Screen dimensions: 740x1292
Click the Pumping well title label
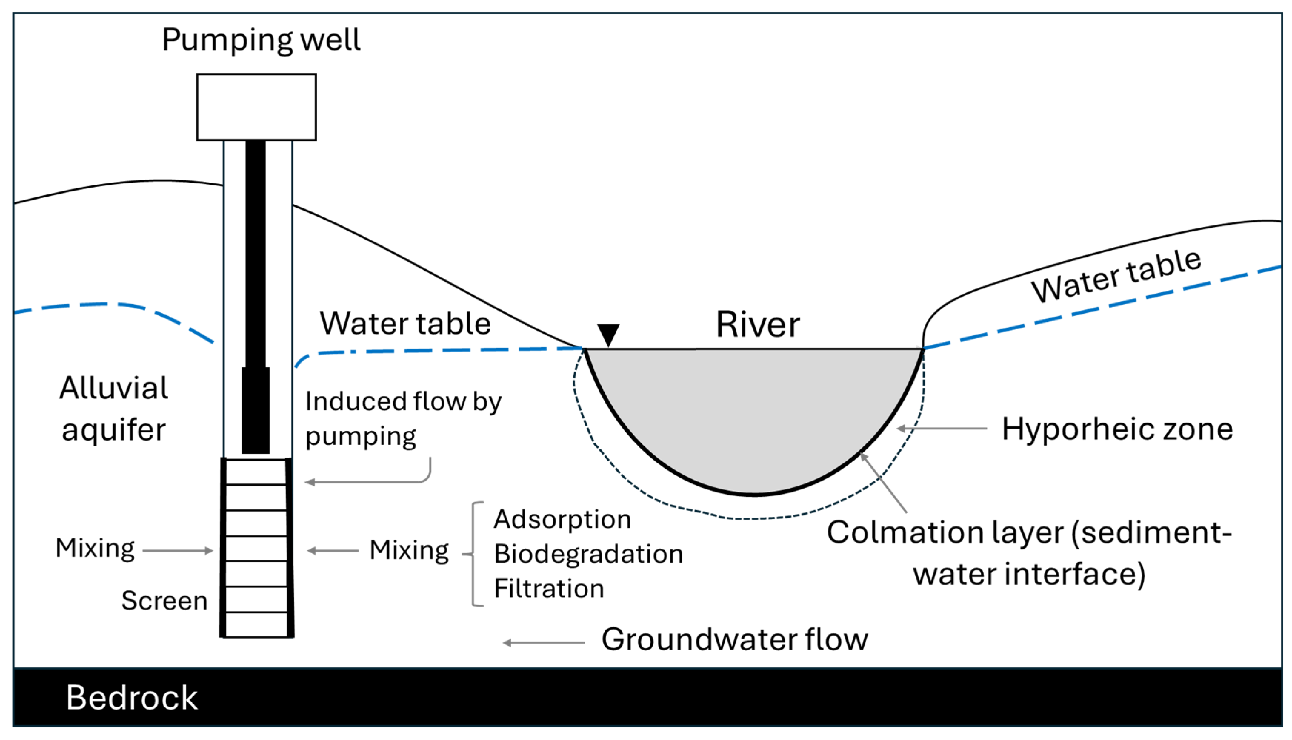click(x=261, y=40)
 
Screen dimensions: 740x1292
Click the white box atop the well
click(x=256, y=107)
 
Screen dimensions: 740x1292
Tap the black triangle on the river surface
click(x=608, y=334)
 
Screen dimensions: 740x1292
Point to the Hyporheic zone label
click(x=1117, y=429)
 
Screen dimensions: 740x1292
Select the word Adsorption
click(x=562, y=519)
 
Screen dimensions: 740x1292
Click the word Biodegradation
click(x=588, y=554)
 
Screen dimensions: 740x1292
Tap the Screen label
click(x=164, y=601)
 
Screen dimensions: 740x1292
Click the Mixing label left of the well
click(x=95, y=548)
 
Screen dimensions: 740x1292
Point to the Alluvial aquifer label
click(x=113, y=409)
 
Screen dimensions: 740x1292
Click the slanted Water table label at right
click(x=1116, y=277)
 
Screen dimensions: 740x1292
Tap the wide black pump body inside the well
click(x=256, y=410)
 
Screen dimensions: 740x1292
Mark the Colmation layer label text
click(x=1029, y=553)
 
